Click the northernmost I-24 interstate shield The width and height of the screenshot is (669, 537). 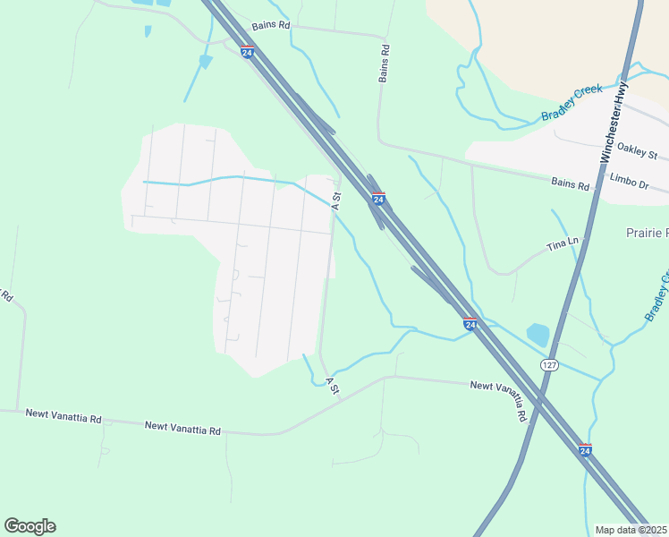[x=247, y=52]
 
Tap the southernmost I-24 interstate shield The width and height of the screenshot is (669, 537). [x=585, y=449]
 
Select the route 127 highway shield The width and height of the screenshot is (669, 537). [x=549, y=365]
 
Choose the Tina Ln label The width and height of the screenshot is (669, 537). [x=563, y=243]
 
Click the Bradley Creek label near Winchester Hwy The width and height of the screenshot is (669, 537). [x=572, y=103]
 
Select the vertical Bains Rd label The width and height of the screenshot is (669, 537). [x=385, y=64]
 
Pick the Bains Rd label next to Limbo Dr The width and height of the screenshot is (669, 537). [x=571, y=185]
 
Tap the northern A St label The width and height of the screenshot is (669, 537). [x=336, y=200]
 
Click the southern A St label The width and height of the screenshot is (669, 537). [x=332, y=387]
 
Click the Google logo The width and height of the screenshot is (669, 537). [x=30, y=526]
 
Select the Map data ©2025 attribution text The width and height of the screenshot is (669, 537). [x=631, y=530]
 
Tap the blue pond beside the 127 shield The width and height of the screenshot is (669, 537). [x=538, y=335]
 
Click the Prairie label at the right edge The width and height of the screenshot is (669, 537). [x=646, y=233]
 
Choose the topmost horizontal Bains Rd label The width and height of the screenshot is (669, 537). [x=271, y=26]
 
